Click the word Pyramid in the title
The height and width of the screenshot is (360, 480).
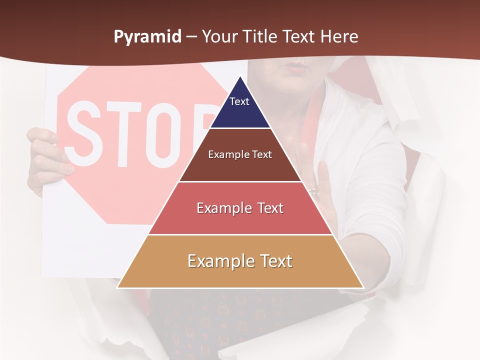[147, 37]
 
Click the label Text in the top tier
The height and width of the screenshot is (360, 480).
[239, 101]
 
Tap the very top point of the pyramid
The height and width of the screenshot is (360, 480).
[240, 76]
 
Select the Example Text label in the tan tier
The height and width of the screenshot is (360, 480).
[240, 261]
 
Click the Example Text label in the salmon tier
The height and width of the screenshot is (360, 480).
[240, 208]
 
